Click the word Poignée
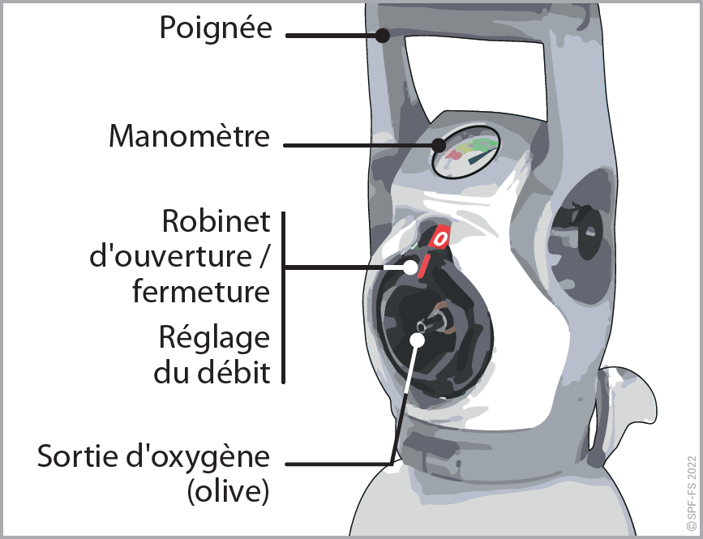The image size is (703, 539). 216,28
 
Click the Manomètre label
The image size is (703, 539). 189,136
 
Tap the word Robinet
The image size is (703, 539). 215,221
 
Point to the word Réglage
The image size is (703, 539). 214,337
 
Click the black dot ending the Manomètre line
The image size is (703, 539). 439,146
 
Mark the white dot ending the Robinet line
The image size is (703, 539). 411,267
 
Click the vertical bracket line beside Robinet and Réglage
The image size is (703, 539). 283,297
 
